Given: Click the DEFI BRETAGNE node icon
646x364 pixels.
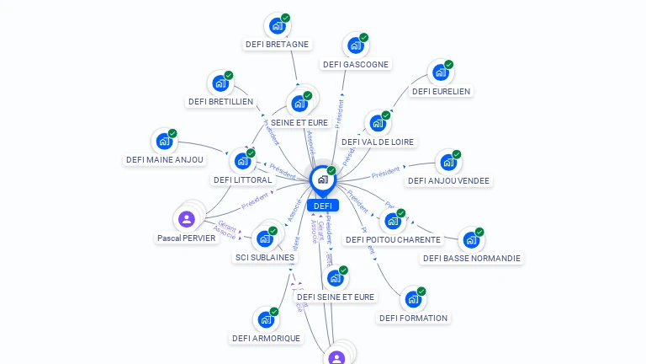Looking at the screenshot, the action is (x=276, y=26).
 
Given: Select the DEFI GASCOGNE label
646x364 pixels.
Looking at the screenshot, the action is (x=355, y=64).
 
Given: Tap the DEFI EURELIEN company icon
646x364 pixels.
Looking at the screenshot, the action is (x=439, y=72).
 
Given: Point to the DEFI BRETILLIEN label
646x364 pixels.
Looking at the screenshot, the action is (x=220, y=101).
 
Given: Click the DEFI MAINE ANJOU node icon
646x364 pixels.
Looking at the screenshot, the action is (x=163, y=142).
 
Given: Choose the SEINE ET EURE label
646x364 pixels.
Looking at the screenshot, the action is (x=299, y=122).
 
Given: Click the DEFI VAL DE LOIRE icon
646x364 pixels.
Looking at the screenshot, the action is (x=377, y=124).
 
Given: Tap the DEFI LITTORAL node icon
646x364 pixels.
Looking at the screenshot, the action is (x=242, y=160).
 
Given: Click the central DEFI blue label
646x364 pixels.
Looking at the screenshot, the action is (x=323, y=206).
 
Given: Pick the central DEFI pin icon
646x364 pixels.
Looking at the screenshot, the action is (x=322, y=179).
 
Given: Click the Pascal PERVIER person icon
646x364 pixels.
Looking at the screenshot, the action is (x=187, y=219).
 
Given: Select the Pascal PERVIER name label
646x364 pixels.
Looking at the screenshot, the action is (x=187, y=238).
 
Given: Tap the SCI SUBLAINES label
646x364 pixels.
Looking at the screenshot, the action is (x=264, y=257).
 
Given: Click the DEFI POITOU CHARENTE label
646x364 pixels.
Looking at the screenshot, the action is (x=393, y=239).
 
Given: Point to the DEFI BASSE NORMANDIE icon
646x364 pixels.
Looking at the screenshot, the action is (x=470, y=240).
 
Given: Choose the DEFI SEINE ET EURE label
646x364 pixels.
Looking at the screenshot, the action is (x=336, y=297).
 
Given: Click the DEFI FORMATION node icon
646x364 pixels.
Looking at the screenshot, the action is (x=412, y=299).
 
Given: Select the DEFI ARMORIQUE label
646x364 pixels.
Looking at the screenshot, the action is (x=266, y=338).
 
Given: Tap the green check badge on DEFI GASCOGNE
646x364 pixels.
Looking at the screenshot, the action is (x=364, y=37).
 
